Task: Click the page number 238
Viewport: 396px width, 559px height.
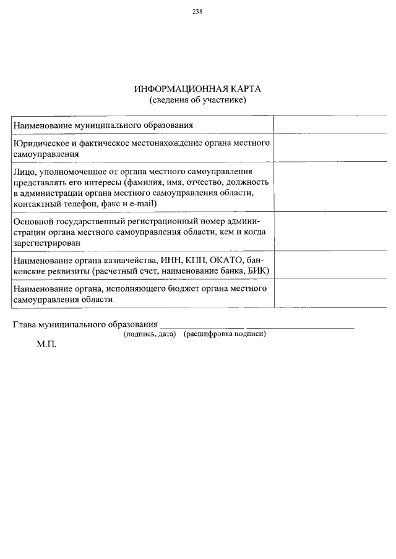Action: pos(198,12)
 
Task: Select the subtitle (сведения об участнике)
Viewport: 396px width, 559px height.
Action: pos(198,99)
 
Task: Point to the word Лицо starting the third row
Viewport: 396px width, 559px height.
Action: pos(24,171)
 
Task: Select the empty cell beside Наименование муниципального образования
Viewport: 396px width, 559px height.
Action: pos(330,124)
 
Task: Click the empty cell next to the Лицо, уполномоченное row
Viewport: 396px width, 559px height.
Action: pos(330,187)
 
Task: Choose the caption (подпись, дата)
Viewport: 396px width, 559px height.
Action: pos(150,334)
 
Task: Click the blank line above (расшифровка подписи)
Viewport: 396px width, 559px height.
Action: pos(300,326)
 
